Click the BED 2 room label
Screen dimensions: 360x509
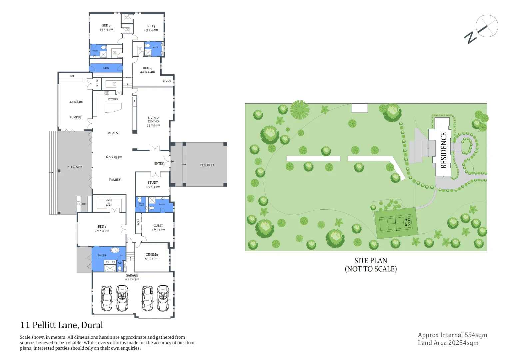[x=106, y=25]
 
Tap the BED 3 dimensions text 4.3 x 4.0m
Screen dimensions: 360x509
[x=151, y=30]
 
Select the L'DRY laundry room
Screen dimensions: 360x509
[x=106, y=68]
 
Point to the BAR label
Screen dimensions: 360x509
[x=72, y=76]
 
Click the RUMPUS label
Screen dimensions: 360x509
[x=75, y=117]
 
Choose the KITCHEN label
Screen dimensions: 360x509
[x=113, y=99]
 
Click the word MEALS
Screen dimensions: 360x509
[x=112, y=133]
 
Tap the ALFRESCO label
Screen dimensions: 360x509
[x=75, y=167]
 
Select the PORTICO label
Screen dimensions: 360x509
[x=207, y=165]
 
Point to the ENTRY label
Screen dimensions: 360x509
[x=159, y=164]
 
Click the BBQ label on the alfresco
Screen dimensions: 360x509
[x=84, y=204]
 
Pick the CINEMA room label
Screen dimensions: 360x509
[x=152, y=254]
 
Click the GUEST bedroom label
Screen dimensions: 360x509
[x=158, y=226]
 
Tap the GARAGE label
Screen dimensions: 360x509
[x=132, y=275]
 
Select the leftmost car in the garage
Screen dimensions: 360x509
[x=107, y=298]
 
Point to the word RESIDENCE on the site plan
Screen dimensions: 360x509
[x=443, y=150]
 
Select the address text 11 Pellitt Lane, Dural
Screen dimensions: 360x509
[x=62, y=325]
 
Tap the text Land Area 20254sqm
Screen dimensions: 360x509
[x=448, y=343]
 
